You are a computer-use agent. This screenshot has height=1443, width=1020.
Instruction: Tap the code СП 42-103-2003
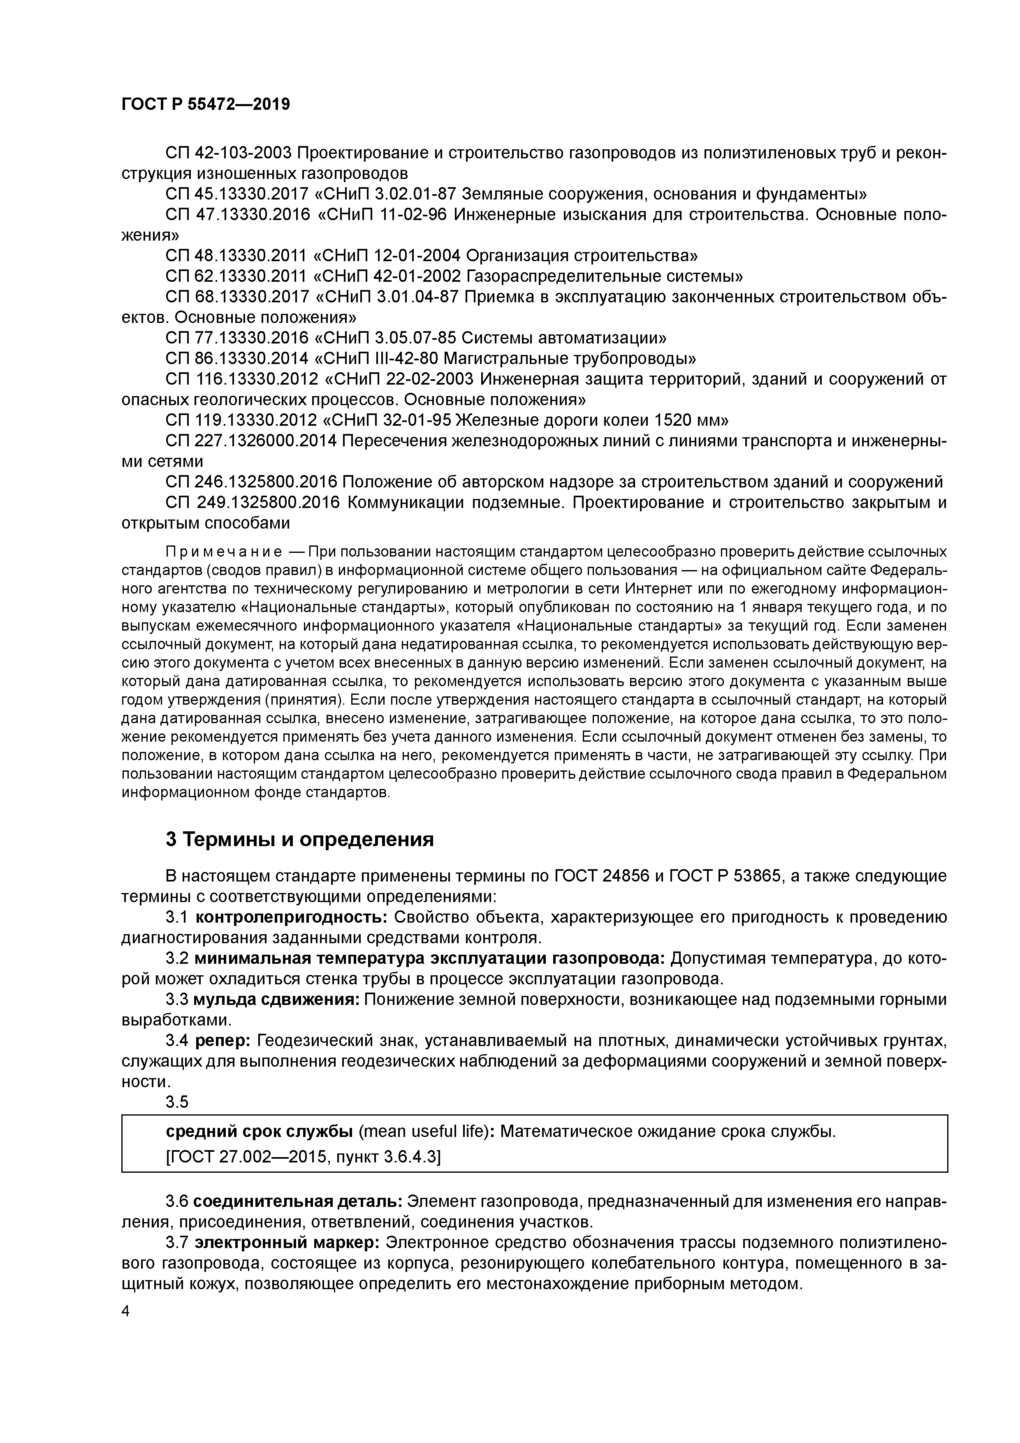pos(228,153)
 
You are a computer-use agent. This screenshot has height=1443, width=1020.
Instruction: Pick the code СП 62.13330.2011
pos(237,276)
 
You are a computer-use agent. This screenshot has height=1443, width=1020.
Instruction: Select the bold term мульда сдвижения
pos(276,999)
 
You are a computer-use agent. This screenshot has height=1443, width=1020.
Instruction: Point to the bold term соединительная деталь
pos(298,1202)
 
